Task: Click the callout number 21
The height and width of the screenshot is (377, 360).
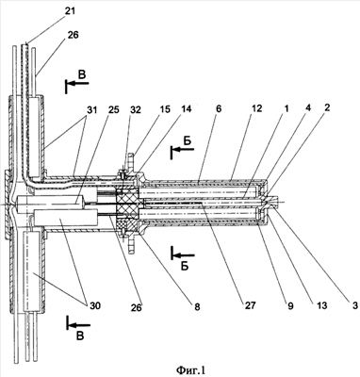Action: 70,11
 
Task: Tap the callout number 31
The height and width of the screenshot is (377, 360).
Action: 92,110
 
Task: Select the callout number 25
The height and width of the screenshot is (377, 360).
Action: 113,110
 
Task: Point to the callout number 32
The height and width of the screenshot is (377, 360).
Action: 136,110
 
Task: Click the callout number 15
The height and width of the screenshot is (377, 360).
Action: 164,109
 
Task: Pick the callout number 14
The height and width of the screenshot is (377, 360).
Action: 186,109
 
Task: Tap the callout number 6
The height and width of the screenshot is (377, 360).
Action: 219,109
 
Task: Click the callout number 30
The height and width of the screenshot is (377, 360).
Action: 94,305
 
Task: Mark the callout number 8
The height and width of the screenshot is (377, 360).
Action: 197,306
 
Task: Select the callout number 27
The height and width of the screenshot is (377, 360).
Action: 251,305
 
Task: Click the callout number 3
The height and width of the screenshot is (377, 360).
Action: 354,304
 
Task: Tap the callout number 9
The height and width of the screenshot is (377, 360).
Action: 290,305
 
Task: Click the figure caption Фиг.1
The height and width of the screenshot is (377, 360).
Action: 190,369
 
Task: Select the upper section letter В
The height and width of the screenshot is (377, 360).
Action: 82,75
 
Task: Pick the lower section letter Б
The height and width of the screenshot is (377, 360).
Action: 185,267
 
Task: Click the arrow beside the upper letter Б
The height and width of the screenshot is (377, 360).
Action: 183,150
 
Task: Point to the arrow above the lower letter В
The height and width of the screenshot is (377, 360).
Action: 78,325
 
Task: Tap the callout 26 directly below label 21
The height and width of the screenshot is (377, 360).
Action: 73,35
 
